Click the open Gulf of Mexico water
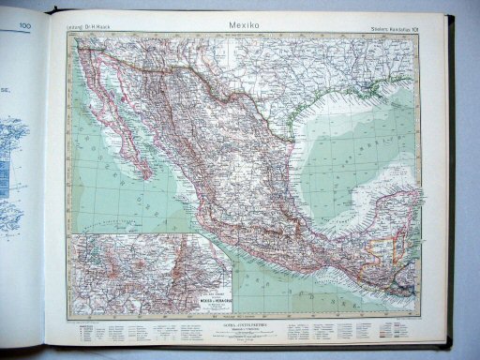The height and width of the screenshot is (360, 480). pyautogui.click(x=328, y=159)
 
